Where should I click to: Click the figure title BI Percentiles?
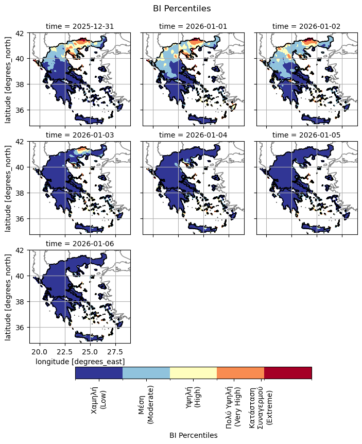tap(182, 8)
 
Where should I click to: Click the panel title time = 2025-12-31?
tap(80, 26)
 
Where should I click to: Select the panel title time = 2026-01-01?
tap(193, 26)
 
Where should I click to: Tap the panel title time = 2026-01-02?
tap(306, 26)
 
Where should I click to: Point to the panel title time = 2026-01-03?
tap(80, 134)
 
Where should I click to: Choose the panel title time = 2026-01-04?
tap(193, 134)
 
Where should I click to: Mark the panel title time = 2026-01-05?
tap(306, 134)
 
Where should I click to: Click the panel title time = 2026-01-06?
tap(80, 243)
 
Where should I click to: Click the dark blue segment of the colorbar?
tap(99, 373)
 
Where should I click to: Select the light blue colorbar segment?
tap(146, 373)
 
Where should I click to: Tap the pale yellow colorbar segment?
tap(194, 373)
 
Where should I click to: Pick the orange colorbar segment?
tap(240, 373)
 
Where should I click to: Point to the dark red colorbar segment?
tap(288, 373)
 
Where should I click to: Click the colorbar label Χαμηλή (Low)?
tap(98, 400)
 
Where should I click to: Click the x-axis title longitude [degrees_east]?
tap(80, 362)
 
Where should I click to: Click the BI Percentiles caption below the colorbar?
tap(193, 435)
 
